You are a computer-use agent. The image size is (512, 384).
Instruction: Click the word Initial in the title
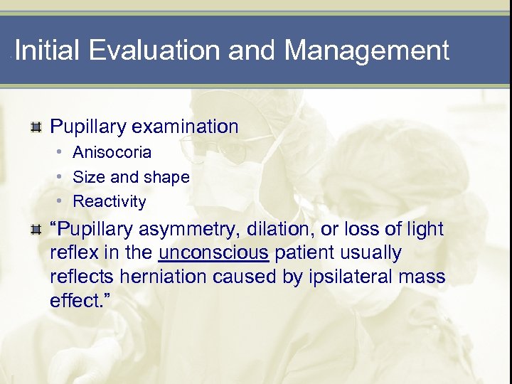point(46,51)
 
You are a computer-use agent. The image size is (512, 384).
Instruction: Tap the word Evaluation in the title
point(151,51)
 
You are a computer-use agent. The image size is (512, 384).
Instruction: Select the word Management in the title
point(366,51)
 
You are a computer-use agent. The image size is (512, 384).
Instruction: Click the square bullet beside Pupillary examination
point(35,128)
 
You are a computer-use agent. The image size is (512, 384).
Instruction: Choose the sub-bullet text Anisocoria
point(112,153)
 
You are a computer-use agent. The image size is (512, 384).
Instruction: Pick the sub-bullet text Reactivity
point(109,201)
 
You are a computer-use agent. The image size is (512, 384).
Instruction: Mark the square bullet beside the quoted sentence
point(35,230)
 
